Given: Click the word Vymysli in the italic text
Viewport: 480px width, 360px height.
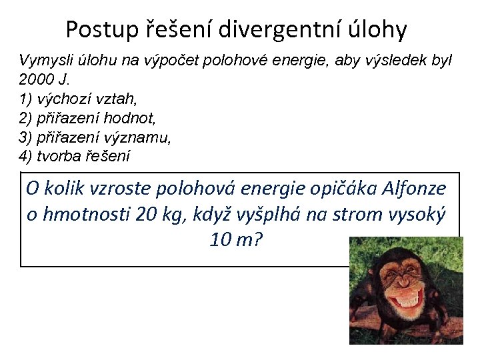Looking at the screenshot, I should [x=41, y=61].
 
